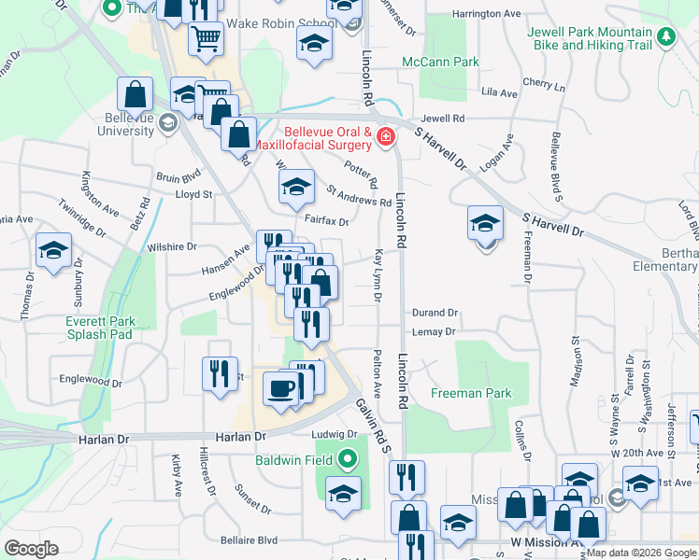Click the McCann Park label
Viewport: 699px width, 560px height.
point(440,63)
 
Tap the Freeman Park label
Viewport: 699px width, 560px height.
point(471,393)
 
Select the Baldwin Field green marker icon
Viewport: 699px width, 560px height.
point(349,458)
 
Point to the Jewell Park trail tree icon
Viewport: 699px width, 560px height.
point(665,37)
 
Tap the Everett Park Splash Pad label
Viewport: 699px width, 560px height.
point(100,328)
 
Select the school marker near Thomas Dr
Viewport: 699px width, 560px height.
point(53,250)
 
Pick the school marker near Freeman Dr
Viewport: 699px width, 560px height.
point(485,223)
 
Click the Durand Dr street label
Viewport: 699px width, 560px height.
point(435,314)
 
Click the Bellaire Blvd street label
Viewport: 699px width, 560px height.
point(250,539)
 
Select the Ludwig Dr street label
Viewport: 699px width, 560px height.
point(329,434)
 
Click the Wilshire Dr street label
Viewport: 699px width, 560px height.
point(172,247)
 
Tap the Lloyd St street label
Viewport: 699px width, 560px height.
point(194,195)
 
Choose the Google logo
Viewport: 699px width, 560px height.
point(32,549)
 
